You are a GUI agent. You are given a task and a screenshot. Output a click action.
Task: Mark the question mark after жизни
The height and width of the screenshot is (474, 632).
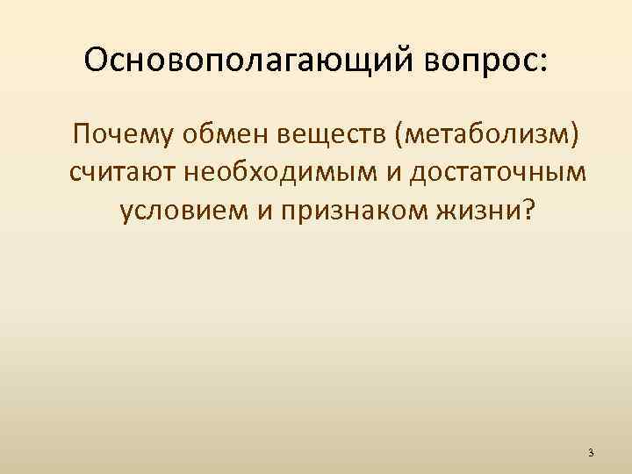point(525,211)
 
